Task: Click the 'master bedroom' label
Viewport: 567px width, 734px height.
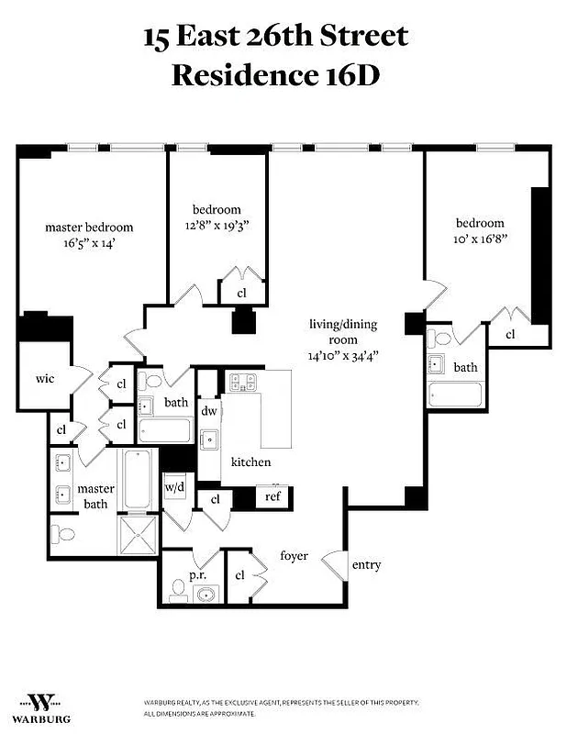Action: point(89,228)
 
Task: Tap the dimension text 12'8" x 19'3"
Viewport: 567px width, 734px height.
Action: point(217,224)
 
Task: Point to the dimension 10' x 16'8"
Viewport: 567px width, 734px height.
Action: point(480,238)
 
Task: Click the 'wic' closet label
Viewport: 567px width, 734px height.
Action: point(45,378)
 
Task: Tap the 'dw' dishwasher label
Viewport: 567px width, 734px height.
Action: point(209,412)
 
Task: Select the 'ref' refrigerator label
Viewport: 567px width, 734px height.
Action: point(272,496)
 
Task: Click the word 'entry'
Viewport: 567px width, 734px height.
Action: point(366,565)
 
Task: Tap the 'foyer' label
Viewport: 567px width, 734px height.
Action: point(294,556)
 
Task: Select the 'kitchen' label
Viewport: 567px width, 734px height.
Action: point(250,462)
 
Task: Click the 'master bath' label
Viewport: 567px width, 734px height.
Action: point(95,496)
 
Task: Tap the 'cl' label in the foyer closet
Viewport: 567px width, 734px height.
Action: point(239,574)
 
